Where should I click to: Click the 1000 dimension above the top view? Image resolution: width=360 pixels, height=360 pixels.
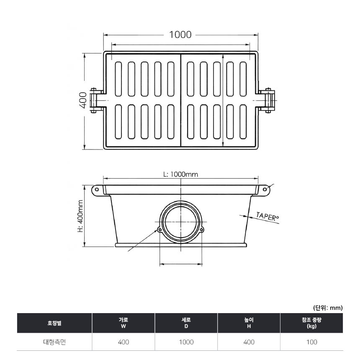coord(180,35)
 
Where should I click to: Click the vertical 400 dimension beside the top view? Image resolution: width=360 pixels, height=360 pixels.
coord(83,100)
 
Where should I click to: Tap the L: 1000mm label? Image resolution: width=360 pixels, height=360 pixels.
coord(180,175)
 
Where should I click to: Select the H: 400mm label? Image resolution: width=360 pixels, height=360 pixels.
coord(80,216)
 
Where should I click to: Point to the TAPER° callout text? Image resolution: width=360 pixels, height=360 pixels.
coord(267,216)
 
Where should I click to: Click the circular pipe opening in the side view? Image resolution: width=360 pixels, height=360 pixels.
coord(181,221)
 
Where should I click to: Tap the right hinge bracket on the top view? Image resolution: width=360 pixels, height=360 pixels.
coord(267,100)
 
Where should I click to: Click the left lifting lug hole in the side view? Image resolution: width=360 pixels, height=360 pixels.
coord(97,189)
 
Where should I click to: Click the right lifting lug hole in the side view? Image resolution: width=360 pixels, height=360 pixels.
coord(265,189)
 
